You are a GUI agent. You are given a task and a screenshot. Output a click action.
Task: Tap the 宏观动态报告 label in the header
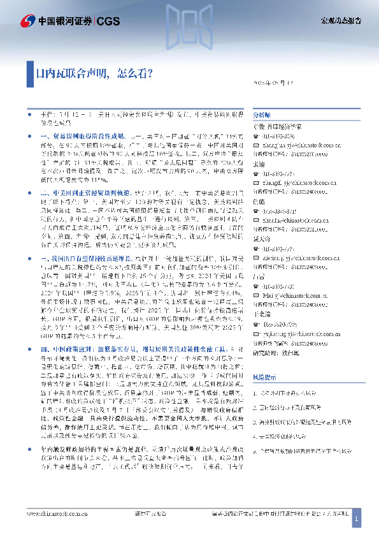point(340,22)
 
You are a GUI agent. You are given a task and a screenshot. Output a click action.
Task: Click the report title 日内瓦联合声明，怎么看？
point(94,74)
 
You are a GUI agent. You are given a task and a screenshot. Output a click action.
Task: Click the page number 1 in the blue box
point(357,520)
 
